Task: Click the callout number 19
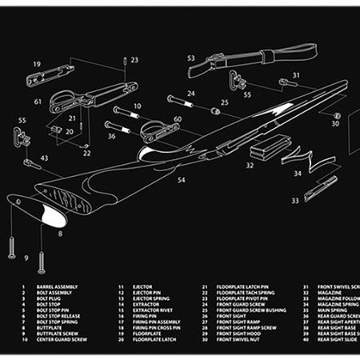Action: coord(37,63)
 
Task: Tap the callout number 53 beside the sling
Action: coord(191,58)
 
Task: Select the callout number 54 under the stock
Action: coord(181,181)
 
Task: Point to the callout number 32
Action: coord(250,166)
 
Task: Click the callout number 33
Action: coord(294,201)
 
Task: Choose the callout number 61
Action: coord(38,102)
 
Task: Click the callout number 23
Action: coord(134,60)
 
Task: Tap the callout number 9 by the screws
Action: coord(26,258)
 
